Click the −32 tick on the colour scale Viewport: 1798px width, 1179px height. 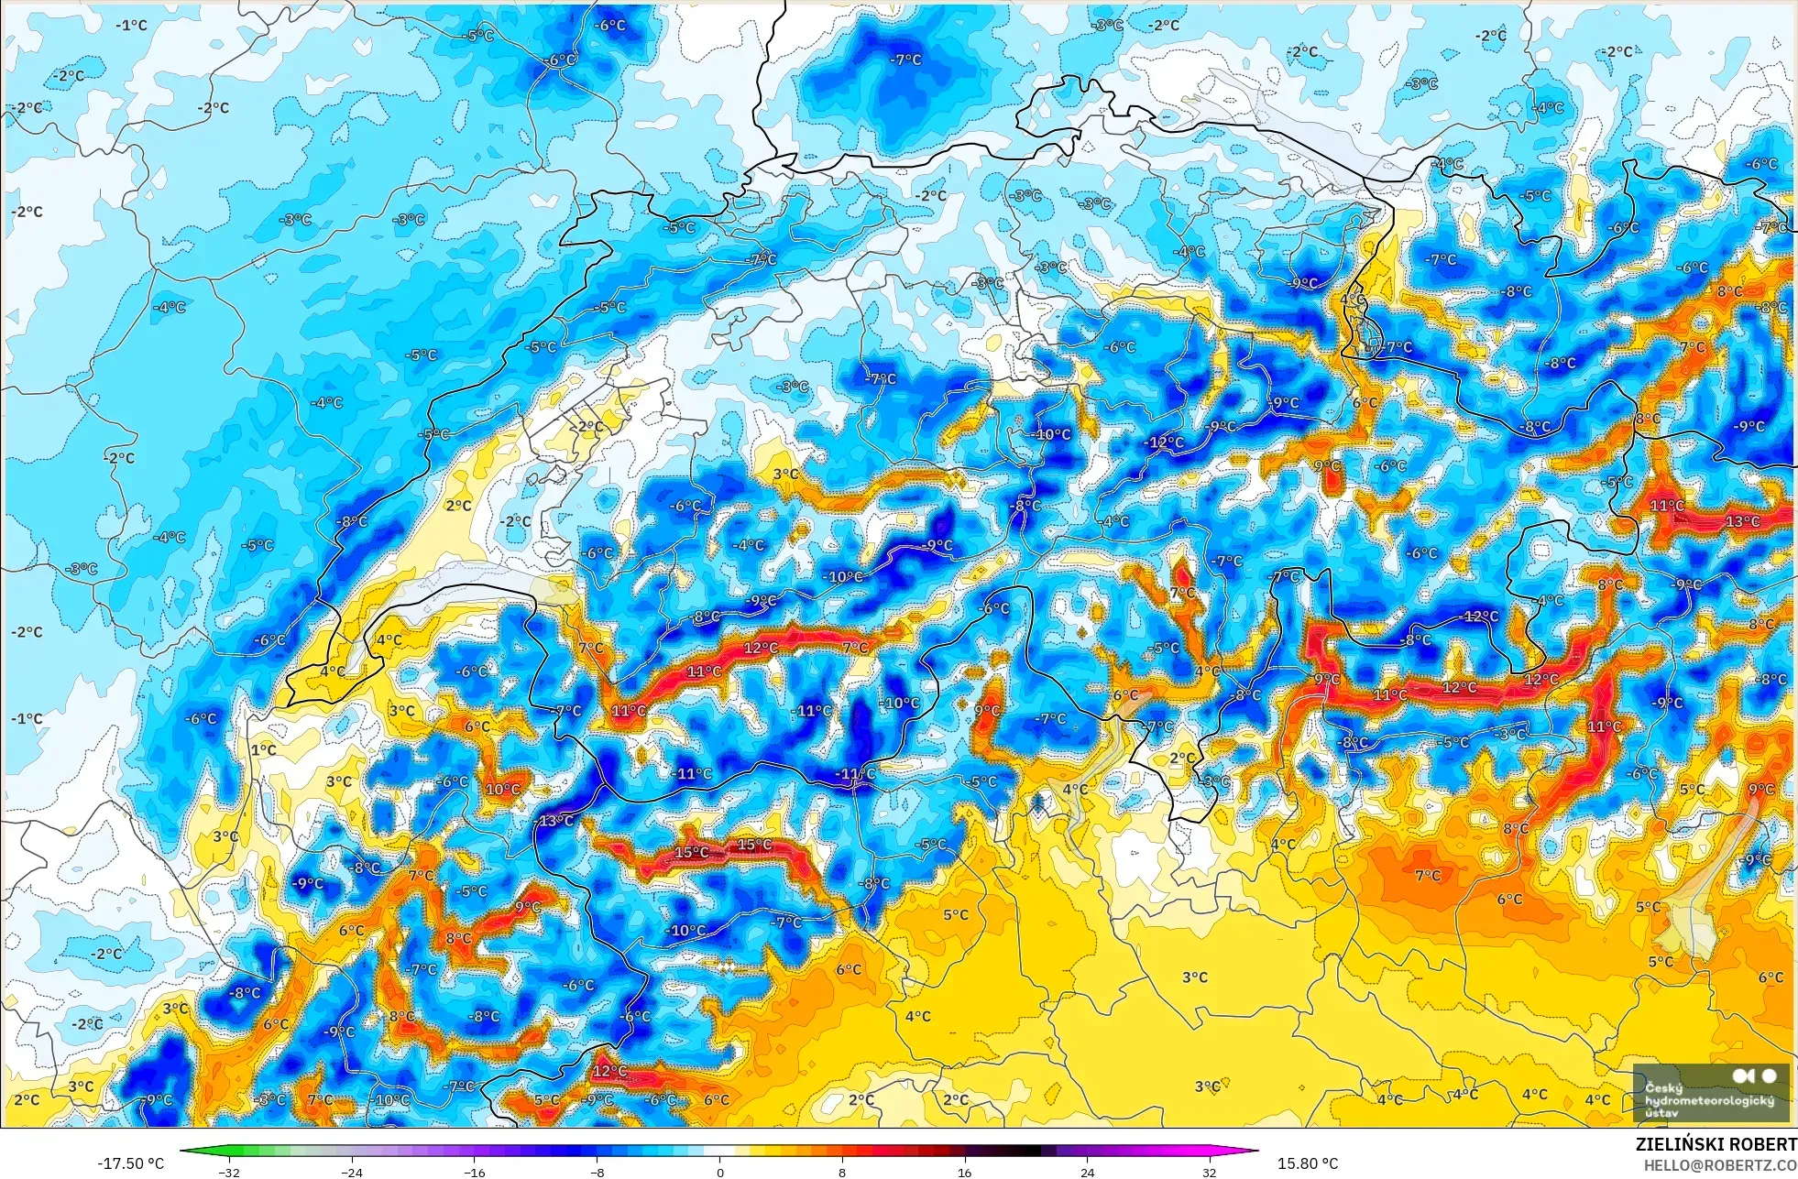[228, 1172]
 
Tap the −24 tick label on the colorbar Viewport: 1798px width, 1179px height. [351, 1172]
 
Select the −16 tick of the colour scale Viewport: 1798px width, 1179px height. [474, 1172]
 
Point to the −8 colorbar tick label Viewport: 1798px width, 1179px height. [597, 1172]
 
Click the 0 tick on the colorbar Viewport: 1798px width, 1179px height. [720, 1172]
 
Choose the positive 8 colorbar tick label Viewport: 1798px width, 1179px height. [842, 1172]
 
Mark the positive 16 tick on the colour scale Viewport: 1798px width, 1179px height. [964, 1172]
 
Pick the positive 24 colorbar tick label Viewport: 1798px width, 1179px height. [1087, 1172]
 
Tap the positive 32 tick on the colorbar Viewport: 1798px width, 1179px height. [1210, 1172]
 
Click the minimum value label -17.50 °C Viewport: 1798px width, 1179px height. [130, 1163]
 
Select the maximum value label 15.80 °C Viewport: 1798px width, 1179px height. [1308, 1163]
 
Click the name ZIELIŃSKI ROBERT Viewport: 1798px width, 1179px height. [1716, 1144]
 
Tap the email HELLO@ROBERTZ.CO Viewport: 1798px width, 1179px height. [1719, 1165]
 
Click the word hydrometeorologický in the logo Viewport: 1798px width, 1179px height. [1708, 1100]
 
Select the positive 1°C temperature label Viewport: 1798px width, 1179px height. [263, 749]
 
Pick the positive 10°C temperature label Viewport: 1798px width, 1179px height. [502, 789]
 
